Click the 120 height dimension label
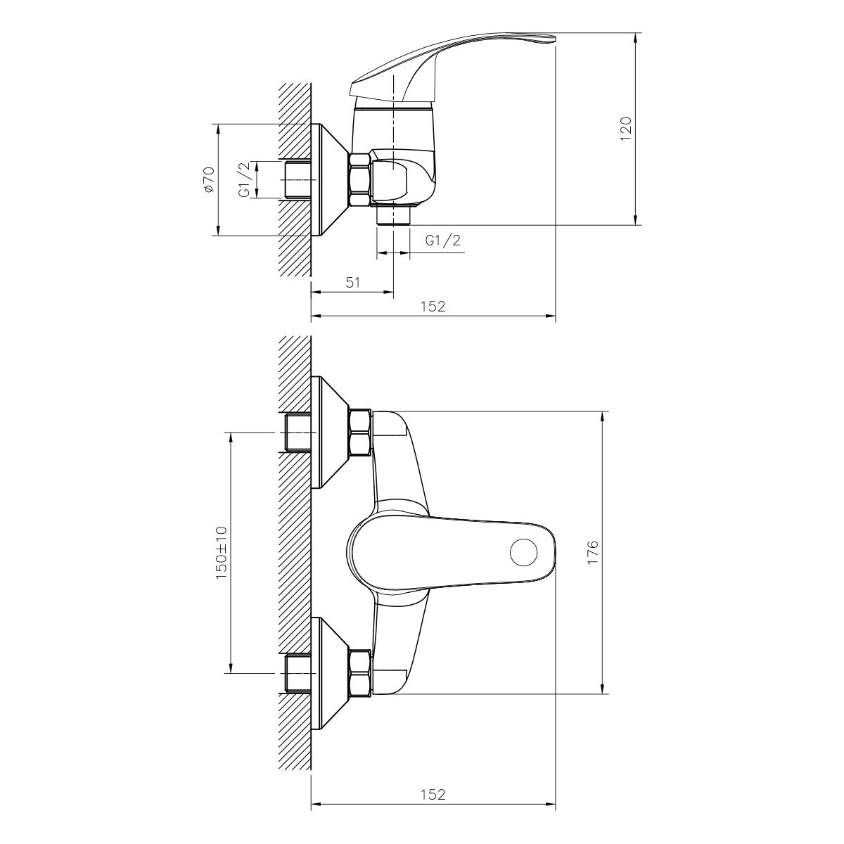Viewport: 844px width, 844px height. pos(627,129)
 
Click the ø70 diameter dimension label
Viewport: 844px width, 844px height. pos(209,179)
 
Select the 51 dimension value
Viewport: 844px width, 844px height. pos(352,283)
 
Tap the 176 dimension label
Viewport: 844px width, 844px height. pos(593,553)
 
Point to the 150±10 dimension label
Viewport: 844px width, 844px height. pos(222,554)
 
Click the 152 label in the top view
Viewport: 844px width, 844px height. pos(433,306)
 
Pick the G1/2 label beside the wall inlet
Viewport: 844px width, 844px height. pos(245,179)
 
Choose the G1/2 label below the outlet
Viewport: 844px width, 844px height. pos(443,241)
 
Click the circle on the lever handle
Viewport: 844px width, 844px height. pos(524,554)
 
